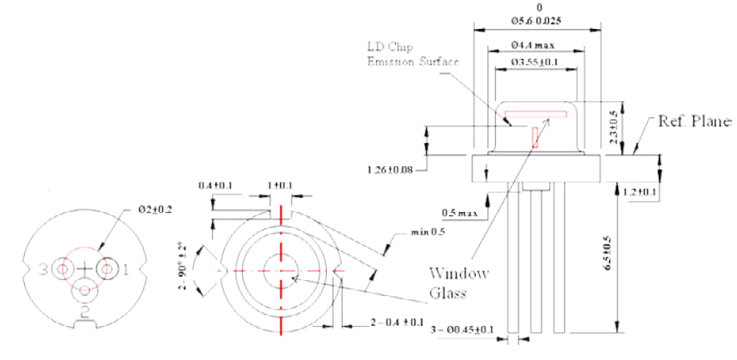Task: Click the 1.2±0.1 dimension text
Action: [641, 192]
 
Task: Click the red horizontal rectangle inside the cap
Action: [534, 114]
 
